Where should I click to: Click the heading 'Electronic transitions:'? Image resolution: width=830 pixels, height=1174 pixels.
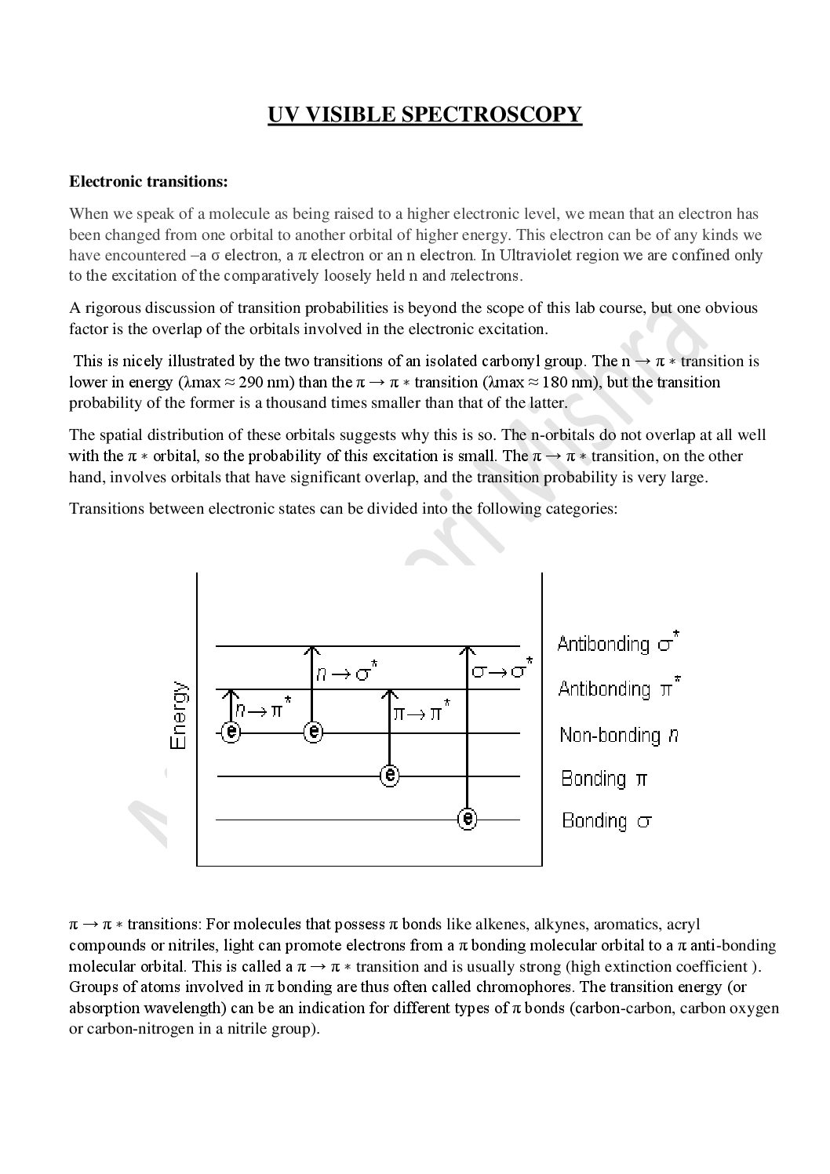click(148, 182)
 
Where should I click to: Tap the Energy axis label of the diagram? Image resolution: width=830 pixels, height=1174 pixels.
click(179, 714)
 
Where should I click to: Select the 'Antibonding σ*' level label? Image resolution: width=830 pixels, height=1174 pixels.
click(618, 644)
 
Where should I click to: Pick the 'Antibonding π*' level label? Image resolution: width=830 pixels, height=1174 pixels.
click(619, 689)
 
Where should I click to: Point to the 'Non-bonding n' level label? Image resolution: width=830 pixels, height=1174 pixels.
click(619, 735)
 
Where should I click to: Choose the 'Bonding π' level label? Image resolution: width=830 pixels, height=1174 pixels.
click(604, 779)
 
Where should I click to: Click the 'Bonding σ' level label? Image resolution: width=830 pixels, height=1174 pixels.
click(607, 821)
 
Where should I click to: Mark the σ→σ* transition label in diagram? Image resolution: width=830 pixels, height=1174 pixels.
click(502, 671)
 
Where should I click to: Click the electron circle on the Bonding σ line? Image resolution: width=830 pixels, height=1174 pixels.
click(468, 820)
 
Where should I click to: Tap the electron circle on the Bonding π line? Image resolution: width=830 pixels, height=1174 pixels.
click(390, 776)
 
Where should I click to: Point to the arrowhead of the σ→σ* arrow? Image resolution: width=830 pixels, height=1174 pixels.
click(468, 650)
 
